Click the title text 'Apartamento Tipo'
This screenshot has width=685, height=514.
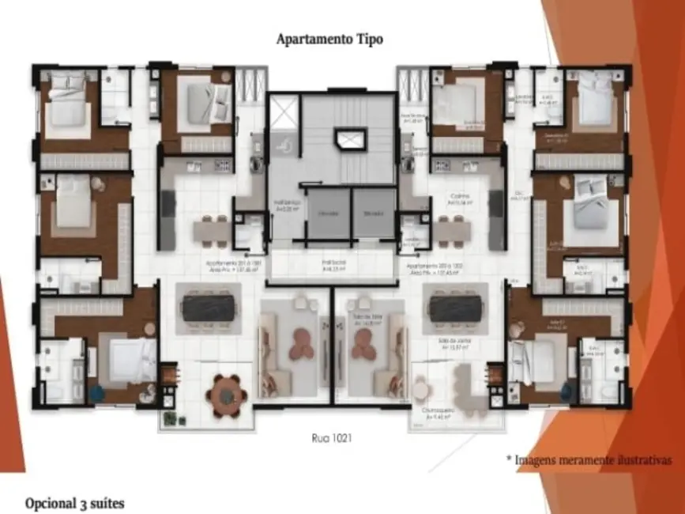pos(329,39)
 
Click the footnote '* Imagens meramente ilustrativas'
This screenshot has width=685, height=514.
pos(588,459)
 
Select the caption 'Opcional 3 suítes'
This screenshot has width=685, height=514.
pos(74,503)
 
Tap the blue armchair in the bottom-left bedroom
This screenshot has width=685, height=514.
pos(97,392)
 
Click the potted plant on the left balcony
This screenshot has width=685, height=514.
pos(168,416)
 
